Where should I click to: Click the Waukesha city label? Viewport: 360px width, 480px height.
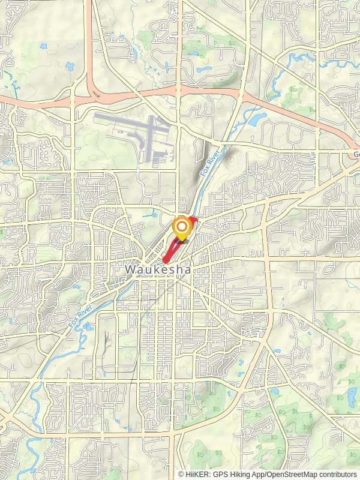pyautogui.click(x=158, y=271)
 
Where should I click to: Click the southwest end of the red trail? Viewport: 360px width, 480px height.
pyautogui.click(x=165, y=260)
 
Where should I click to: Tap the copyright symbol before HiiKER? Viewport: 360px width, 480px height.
pyautogui.click(x=181, y=474)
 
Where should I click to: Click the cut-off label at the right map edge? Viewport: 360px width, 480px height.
pyautogui.click(x=356, y=154)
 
